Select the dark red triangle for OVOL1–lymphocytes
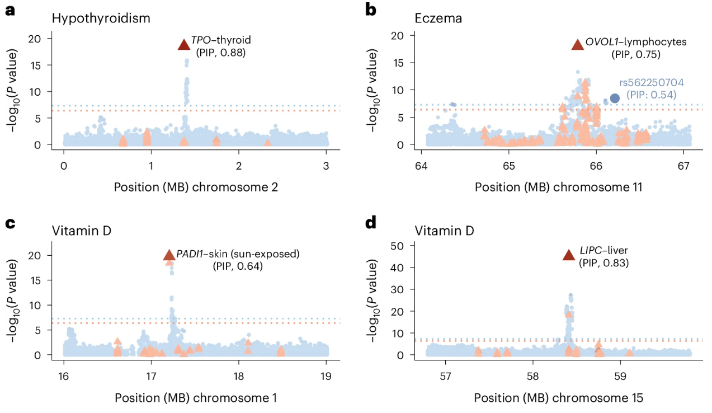point(577,45)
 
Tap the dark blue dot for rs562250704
point(614,98)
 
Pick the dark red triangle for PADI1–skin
point(169,256)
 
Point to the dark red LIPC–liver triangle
point(568,256)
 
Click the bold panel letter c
point(10,223)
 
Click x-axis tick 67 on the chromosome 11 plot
point(683,166)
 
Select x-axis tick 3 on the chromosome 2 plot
point(326,166)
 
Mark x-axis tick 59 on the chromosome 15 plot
point(621,376)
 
